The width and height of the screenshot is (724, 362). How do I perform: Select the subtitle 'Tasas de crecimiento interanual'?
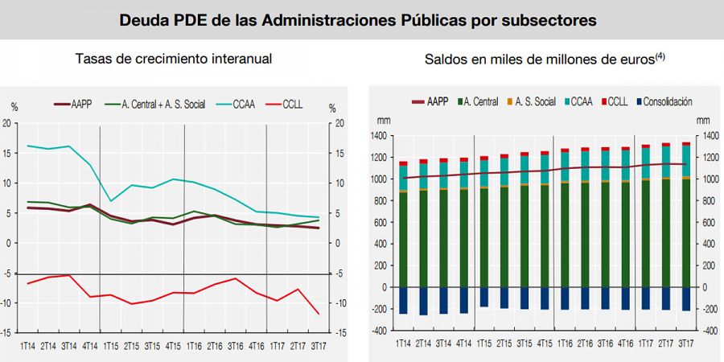coord(173,60)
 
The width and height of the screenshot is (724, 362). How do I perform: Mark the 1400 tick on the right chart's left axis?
coord(379,136)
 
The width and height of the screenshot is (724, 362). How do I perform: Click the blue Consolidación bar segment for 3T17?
coord(685,298)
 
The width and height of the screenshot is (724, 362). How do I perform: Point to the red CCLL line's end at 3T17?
coord(319,314)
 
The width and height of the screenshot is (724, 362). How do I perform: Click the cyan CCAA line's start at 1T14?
coord(29,146)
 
